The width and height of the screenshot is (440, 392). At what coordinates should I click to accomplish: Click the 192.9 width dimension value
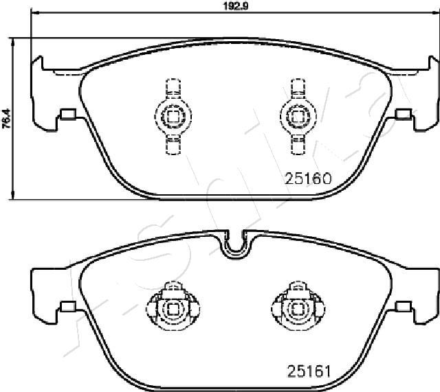pos(236,6)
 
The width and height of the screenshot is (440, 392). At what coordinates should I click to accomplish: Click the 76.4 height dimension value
pos(6,119)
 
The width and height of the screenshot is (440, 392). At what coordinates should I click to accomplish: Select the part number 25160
pos(308,178)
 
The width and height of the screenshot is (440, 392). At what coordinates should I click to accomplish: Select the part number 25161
pos(309,371)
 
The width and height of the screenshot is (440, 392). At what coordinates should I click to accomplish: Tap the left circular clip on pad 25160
pos(173,116)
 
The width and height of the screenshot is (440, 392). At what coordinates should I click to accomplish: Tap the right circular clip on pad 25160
pos(298,116)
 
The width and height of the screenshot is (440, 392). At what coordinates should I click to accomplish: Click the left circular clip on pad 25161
pos(173,309)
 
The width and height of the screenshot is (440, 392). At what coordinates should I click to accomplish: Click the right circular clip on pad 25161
pos(298,309)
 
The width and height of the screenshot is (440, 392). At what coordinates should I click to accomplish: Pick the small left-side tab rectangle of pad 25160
pos(68,114)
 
